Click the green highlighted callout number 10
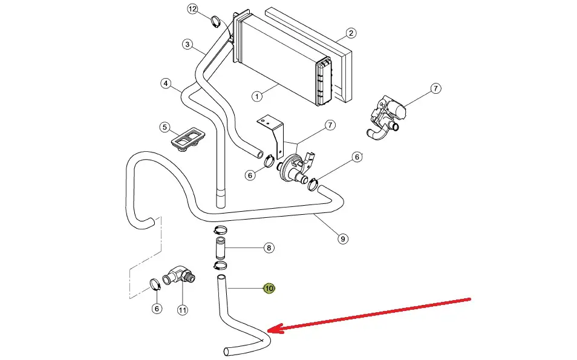tap(269, 289)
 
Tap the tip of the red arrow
tap(269, 329)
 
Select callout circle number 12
tap(192, 9)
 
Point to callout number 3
tap(187, 44)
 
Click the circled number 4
tap(166, 83)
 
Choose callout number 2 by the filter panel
tap(351, 33)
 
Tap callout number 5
tap(164, 127)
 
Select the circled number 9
tap(342, 238)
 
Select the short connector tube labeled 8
tap(219, 248)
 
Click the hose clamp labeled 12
tap(215, 23)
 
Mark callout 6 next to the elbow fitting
tap(157, 308)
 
